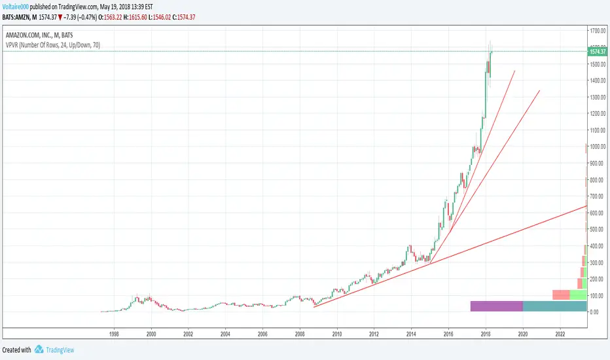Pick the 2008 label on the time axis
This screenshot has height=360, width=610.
click(300, 333)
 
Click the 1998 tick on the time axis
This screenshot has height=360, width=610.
click(114, 333)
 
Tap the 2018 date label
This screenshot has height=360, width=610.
click(486, 333)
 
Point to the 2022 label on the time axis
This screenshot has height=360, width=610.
click(560, 333)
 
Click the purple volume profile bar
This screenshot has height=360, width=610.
click(496, 306)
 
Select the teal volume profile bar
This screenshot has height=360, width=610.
click(554, 306)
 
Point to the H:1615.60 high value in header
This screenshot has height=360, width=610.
click(183, 15)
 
